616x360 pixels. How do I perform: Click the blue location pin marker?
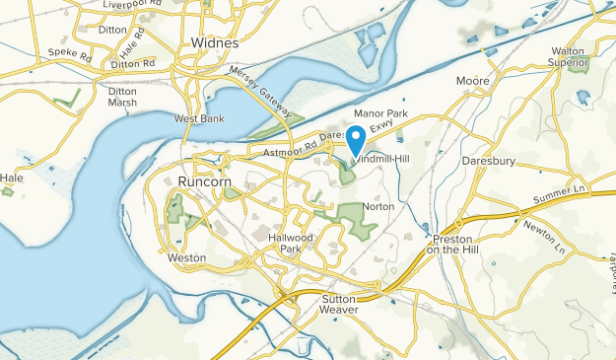coord(358,139)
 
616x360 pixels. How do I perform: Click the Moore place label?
coord(473,81)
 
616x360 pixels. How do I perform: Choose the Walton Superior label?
coord(571,56)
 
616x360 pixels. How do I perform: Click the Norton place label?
coord(378,206)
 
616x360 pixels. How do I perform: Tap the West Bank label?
coord(199,119)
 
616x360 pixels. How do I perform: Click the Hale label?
coord(12,179)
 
